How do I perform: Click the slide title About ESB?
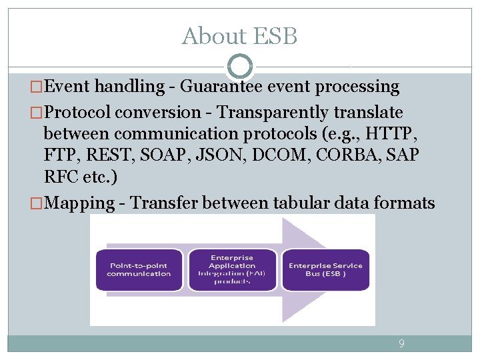[x=239, y=36]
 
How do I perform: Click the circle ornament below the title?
[x=240, y=67]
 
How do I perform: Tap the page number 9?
[x=401, y=344]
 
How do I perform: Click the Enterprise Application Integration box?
[x=232, y=269]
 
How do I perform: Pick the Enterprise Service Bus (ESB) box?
[x=325, y=269]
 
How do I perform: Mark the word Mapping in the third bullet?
[x=79, y=203]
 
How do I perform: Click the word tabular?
[x=301, y=203]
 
